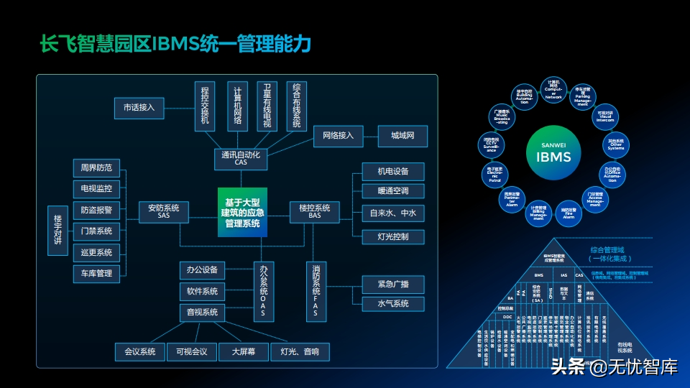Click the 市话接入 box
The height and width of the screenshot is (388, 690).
pos(139,108)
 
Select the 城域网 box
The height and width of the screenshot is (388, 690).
pos(402,136)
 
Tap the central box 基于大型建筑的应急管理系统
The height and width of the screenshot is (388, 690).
pos(243,213)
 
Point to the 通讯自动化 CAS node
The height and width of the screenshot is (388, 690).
pos(240,158)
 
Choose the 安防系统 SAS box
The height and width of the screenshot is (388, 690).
pos(164,211)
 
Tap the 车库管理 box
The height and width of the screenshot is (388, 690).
pos(97,273)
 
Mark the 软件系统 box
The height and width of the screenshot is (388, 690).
pos(202,292)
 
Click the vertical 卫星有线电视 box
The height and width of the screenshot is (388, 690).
pos(267,106)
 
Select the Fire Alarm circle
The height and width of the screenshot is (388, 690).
pos(568,211)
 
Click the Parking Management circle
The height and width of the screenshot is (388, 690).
pos(582,97)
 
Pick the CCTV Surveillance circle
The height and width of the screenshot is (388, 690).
pos(491,144)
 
